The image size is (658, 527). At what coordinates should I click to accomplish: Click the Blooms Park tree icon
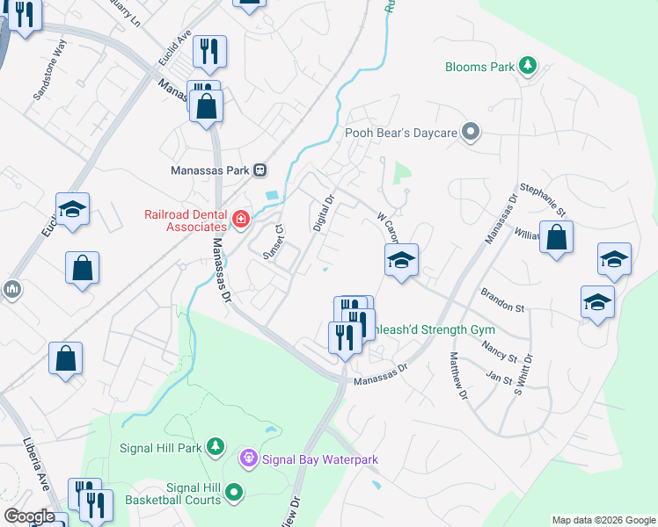pyautogui.click(x=527, y=66)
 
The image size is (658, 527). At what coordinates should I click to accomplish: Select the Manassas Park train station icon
pyautogui.click(x=260, y=170)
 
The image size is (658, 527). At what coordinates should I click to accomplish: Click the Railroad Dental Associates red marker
pyautogui.click(x=240, y=218)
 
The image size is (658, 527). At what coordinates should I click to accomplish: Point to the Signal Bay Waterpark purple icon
pyautogui.click(x=249, y=458)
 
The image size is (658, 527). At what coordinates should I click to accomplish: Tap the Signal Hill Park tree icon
pyautogui.click(x=215, y=447)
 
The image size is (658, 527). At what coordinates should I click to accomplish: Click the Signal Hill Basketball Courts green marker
pyautogui.click(x=234, y=494)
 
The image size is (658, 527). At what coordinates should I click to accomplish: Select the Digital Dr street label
pyautogui.click(x=324, y=213)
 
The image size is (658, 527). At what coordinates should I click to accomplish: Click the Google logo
pyautogui.click(x=29, y=516)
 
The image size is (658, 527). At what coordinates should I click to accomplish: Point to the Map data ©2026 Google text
pyautogui.click(x=603, y=520)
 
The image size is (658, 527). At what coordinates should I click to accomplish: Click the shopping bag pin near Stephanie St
pyautogui.click(x=557, y=238)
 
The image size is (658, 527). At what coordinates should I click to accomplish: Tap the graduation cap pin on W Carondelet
pyautogui.click(x=401, y=260)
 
